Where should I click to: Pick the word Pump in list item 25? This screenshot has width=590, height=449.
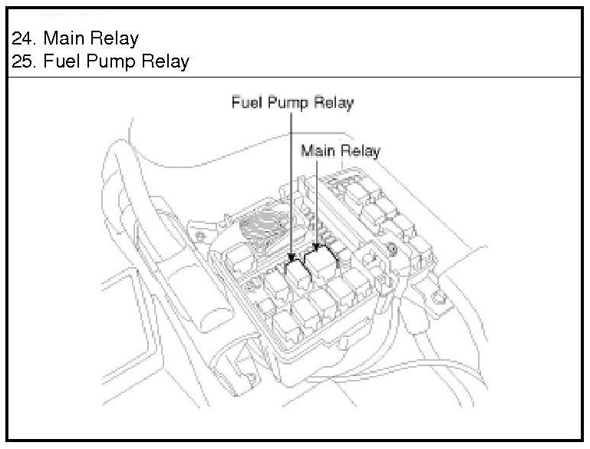[x=110, y=61]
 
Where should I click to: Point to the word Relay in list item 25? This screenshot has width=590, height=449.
[x=165, y=61]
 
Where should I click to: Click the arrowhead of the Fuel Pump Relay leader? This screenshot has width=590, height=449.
[x=292, y=258]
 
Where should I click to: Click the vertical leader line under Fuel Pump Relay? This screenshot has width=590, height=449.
[x=292, y=184]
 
